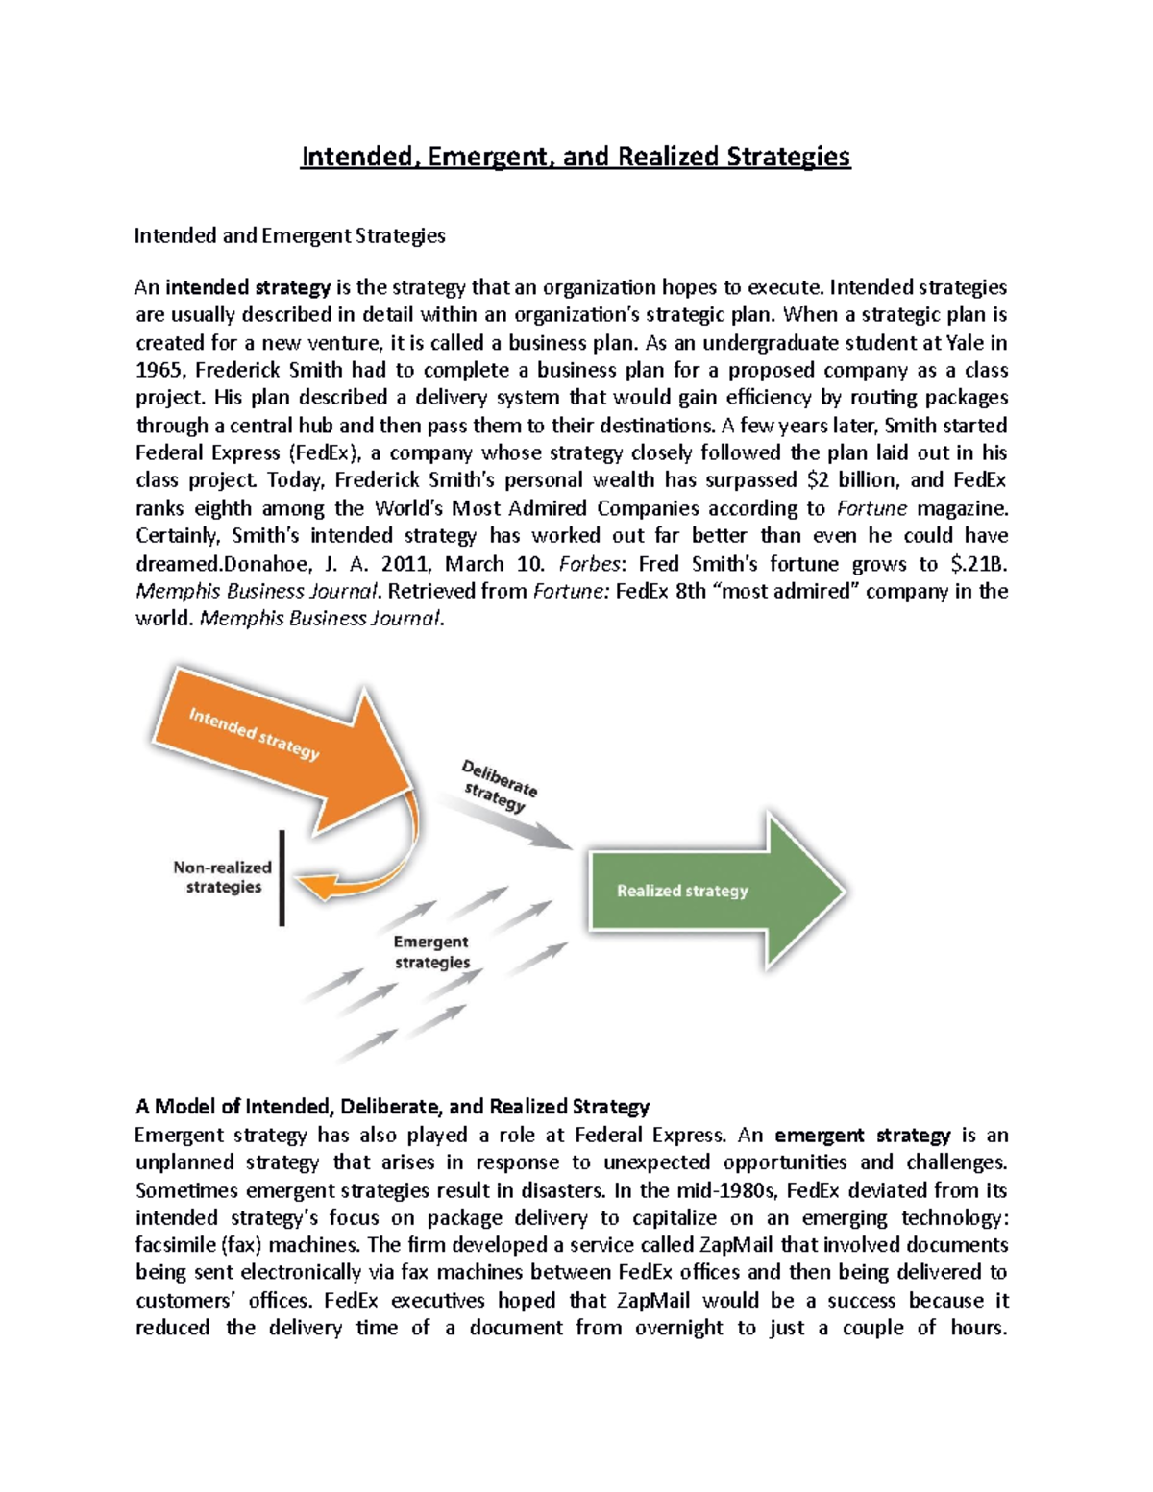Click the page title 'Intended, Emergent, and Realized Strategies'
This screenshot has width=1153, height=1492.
pyautogui.click(x=575, y=156)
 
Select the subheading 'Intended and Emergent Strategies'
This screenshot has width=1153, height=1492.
pyautogui.click(x=289, y=235)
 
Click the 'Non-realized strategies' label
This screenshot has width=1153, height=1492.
pyautogui.click(x=223, y=876)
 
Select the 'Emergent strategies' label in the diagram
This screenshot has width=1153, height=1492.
pyautogui.click(x=431, y=952)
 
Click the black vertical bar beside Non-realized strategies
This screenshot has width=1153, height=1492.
pyautogui.click(x=282, y=877)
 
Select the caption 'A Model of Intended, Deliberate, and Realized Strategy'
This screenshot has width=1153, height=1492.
pyautogui.click(x=392, y=1106)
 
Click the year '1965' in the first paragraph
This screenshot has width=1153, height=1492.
pyautogui.click(x=158, y=371)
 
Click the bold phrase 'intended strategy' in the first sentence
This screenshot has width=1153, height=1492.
pyautogui.click(x=248, y=287)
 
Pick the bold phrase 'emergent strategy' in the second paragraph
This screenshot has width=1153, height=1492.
pyautogui.click(x=862, y=1135)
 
